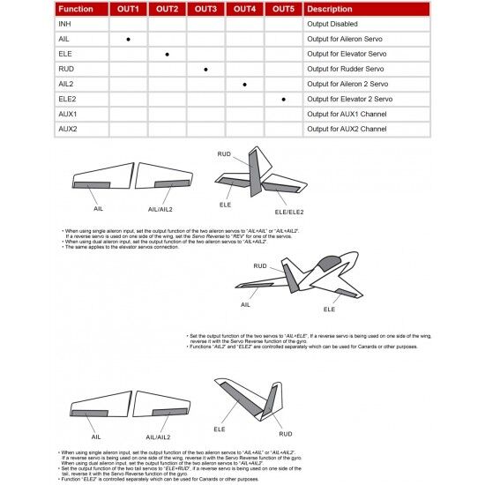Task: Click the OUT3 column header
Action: [x=205, y=9]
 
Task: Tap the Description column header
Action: [x=329, y=9]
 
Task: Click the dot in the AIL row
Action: [x=129, y=40]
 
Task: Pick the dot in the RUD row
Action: [x=205, y=69]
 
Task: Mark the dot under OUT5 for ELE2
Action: [x=283, y=100]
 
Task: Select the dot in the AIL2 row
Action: [x=244, y=85]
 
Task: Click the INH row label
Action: [x=64, y=24]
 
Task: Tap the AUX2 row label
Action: [x=67, y=130]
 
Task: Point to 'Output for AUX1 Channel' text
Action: [x=347, y=115]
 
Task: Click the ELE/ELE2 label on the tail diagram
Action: [x=288, y=213]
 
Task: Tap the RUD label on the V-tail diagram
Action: [x=285, y=434]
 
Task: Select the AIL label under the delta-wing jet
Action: [x=245, y=304]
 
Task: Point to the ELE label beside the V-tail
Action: [x=220, y=429]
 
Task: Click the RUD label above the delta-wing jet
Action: [x=259, y=265]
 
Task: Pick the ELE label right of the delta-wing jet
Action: [x=329, y=310]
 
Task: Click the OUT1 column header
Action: [x=129, y=9]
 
